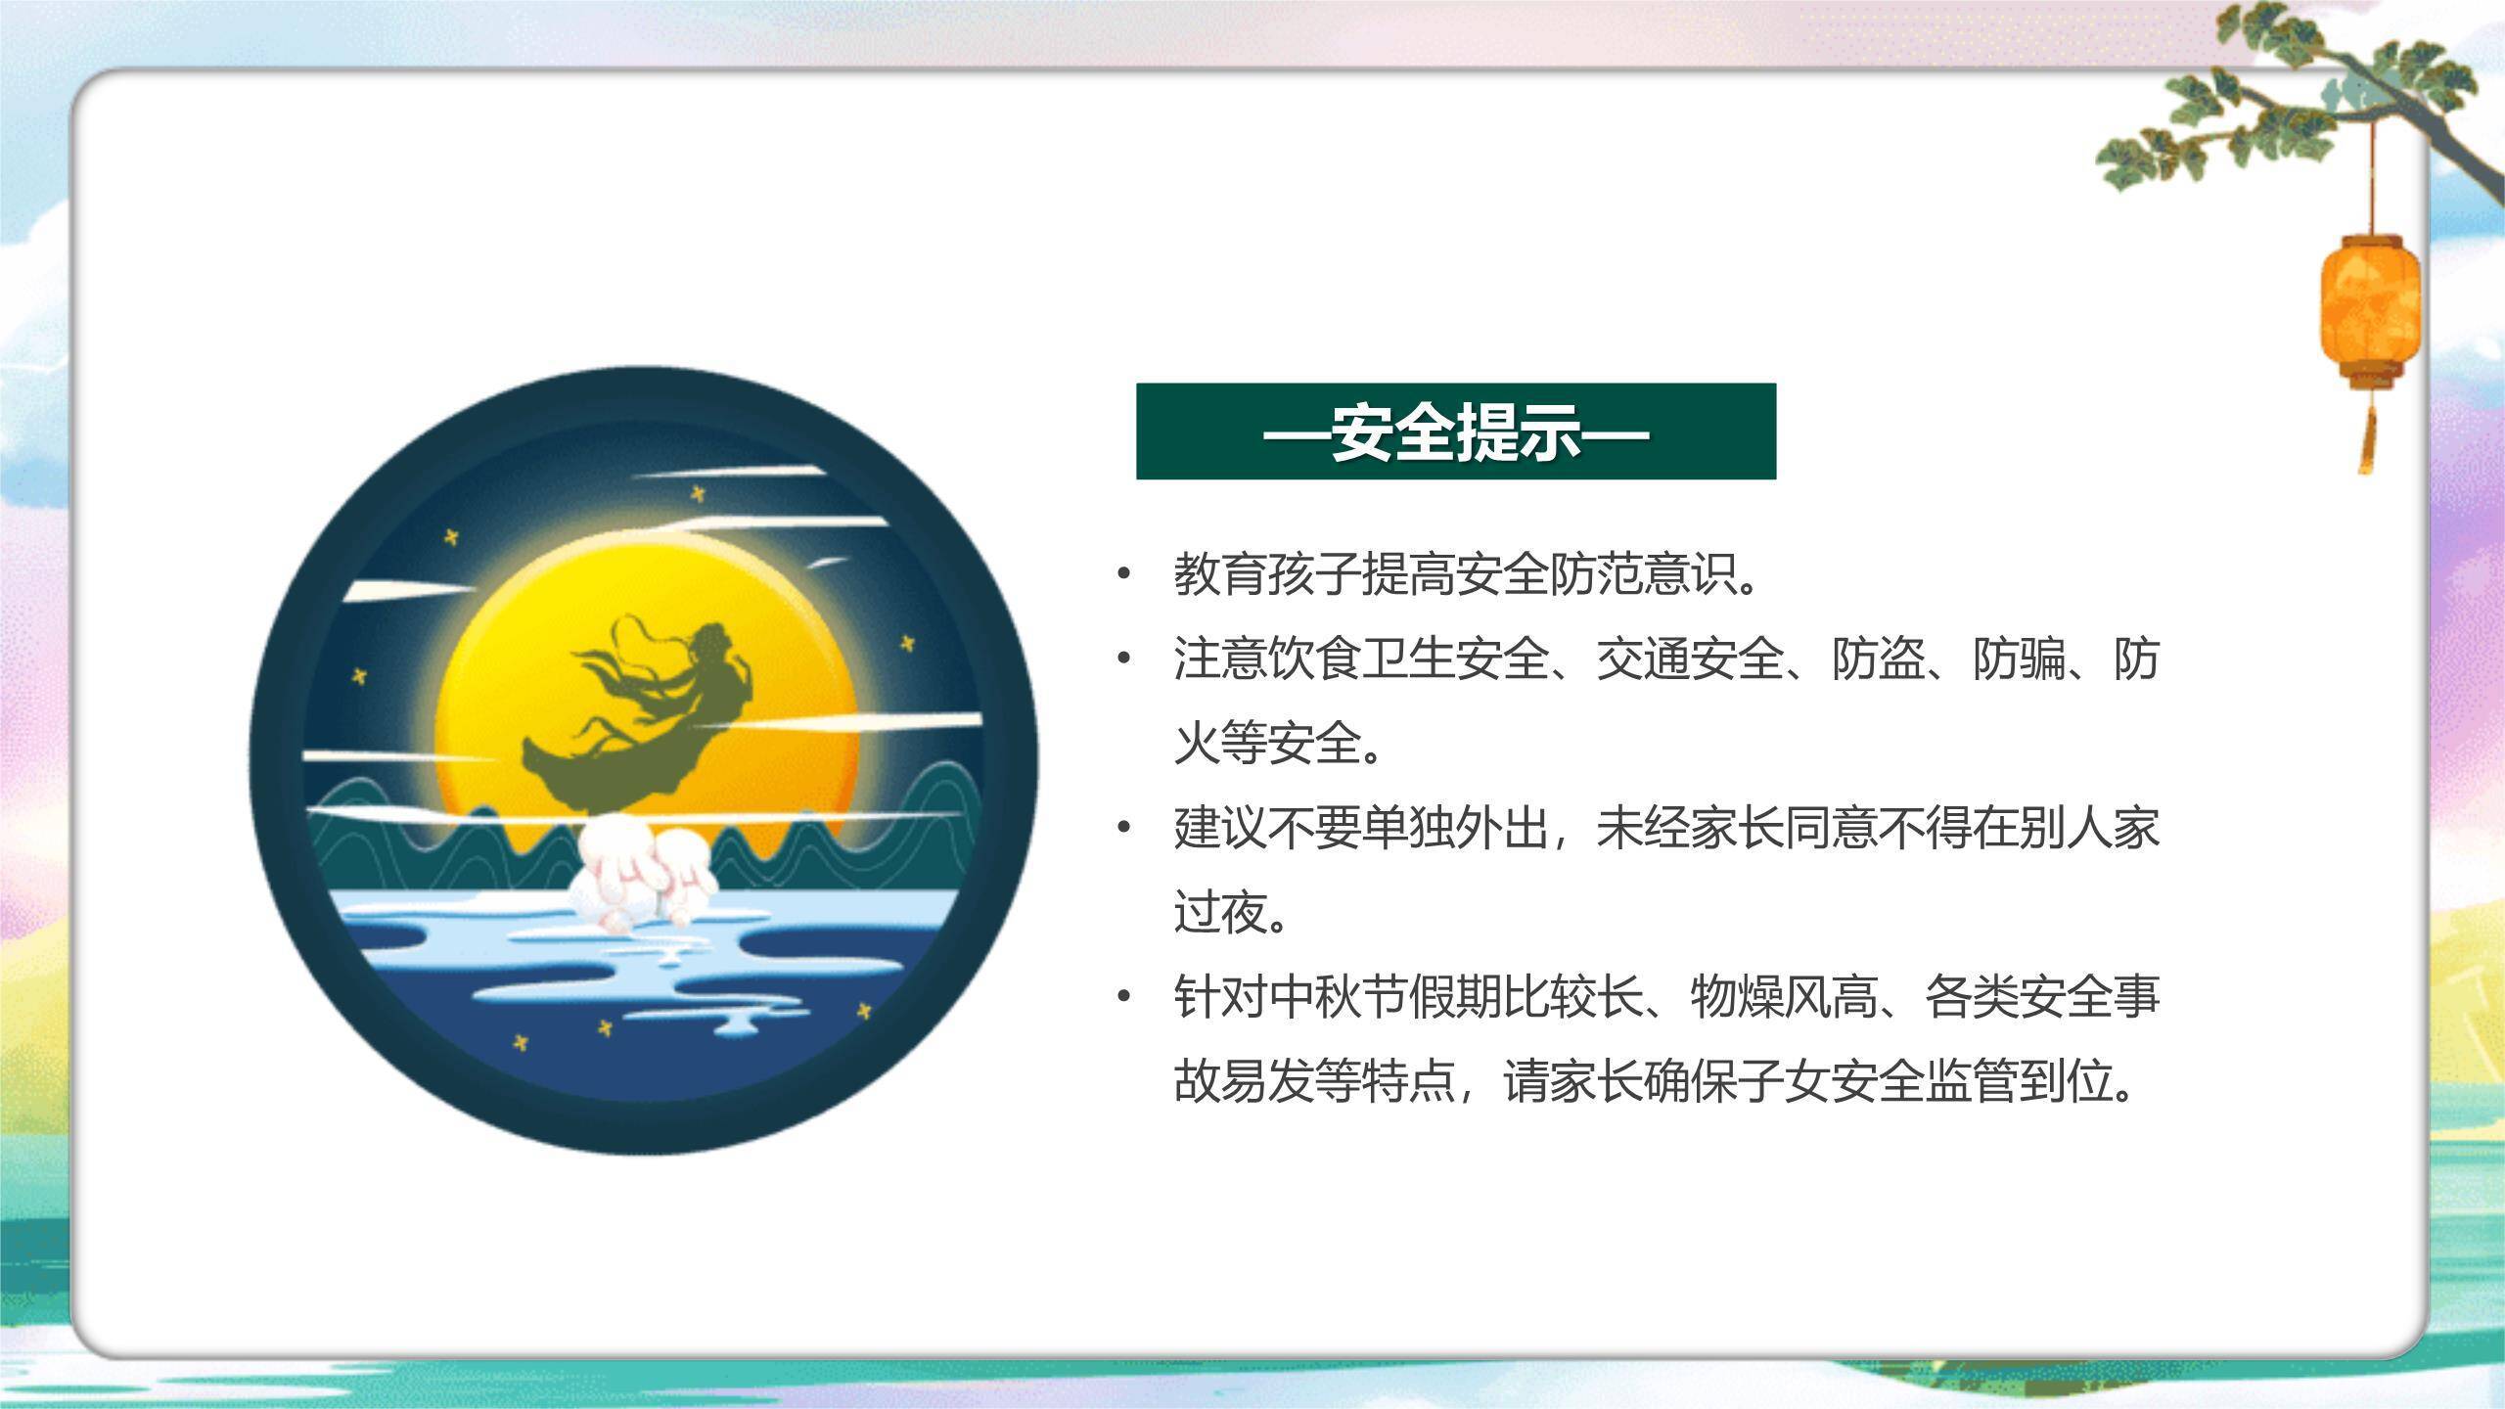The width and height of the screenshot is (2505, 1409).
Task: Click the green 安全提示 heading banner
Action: [x=1455, y=432]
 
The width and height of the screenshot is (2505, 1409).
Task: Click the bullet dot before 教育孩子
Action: [x=1123, y=574]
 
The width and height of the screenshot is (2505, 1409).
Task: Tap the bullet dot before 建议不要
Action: [x=1123, y=829]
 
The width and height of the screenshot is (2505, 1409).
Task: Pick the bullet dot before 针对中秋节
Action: [x=1123, y=997]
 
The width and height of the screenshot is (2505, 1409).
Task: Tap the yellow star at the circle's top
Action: [x=698, y=494]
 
